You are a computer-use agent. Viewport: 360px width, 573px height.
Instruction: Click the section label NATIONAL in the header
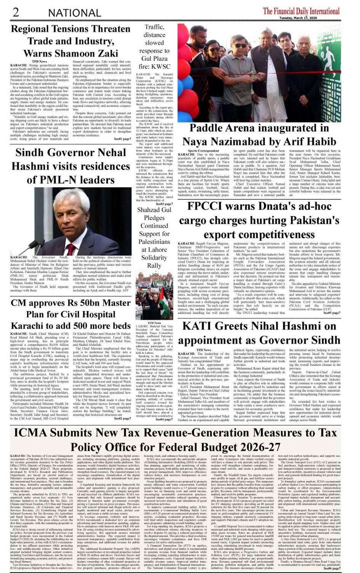[x=74, y=13]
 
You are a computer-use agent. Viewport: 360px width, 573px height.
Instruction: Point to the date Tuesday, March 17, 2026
[x=298, y=18]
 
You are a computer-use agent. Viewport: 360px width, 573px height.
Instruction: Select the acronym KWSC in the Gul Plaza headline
[x=160, y=66]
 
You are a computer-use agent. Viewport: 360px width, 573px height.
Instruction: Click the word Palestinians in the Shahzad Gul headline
[x=154, y=242]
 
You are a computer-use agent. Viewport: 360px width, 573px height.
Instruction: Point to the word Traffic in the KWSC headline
[x=154, y=27]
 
